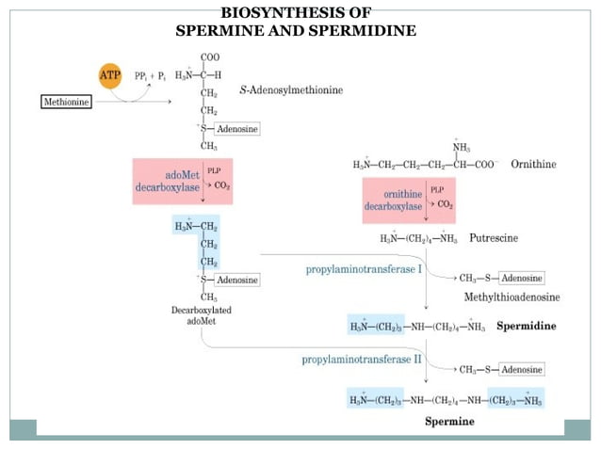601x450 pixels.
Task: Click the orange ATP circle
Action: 110,74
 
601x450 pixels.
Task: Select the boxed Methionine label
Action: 68,101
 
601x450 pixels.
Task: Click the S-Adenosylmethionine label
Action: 292,89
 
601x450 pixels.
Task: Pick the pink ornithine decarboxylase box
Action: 408,200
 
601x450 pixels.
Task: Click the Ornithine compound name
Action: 533,164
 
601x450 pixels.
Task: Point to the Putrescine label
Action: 493,238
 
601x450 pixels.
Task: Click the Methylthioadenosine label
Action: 511,297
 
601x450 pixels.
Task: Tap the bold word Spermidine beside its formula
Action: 525,326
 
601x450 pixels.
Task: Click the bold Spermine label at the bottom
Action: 449,421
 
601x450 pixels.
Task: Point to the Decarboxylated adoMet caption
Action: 202,315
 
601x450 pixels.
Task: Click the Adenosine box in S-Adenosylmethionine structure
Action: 236,128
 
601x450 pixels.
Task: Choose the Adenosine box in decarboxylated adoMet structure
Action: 236,280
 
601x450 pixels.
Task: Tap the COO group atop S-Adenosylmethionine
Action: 209,57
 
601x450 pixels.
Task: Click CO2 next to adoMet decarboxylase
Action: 222,185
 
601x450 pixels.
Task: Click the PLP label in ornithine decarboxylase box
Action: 437,189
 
